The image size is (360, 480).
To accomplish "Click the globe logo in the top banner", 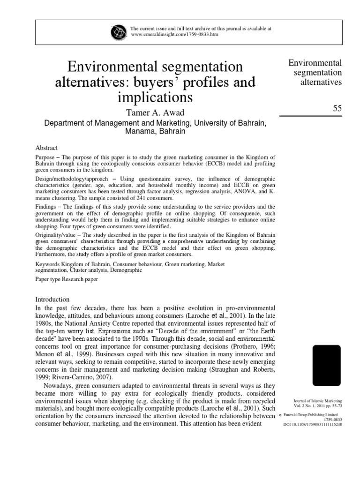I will [x=118, y=32].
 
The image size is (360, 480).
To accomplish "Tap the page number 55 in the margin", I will [x=337, y=108].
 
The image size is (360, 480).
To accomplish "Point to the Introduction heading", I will [x=52, y=299].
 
